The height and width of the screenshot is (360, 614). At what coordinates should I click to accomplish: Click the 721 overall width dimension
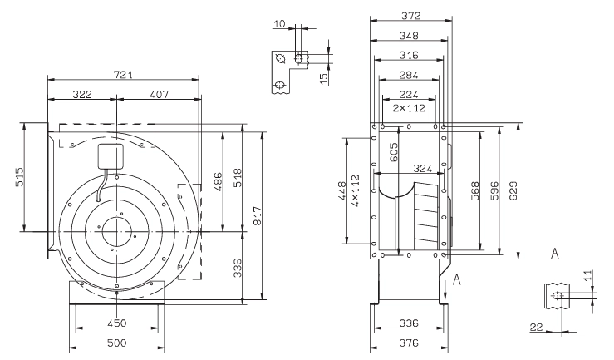(123, 75)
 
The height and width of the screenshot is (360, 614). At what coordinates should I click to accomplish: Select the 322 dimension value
(82, 95)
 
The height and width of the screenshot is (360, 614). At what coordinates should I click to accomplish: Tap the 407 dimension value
(159, 95)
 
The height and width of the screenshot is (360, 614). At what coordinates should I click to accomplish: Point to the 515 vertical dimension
(20, 177)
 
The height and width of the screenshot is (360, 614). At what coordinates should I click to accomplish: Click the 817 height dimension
(258, 216)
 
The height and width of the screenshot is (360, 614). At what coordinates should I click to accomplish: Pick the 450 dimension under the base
(116, 323)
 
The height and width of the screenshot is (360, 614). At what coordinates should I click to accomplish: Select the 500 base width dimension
(116, 343)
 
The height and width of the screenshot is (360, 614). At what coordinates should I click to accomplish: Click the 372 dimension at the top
(410, 16)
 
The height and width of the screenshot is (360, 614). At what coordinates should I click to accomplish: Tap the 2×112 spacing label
(409, 108)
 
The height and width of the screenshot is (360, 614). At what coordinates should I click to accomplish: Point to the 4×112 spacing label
(355, 191)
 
